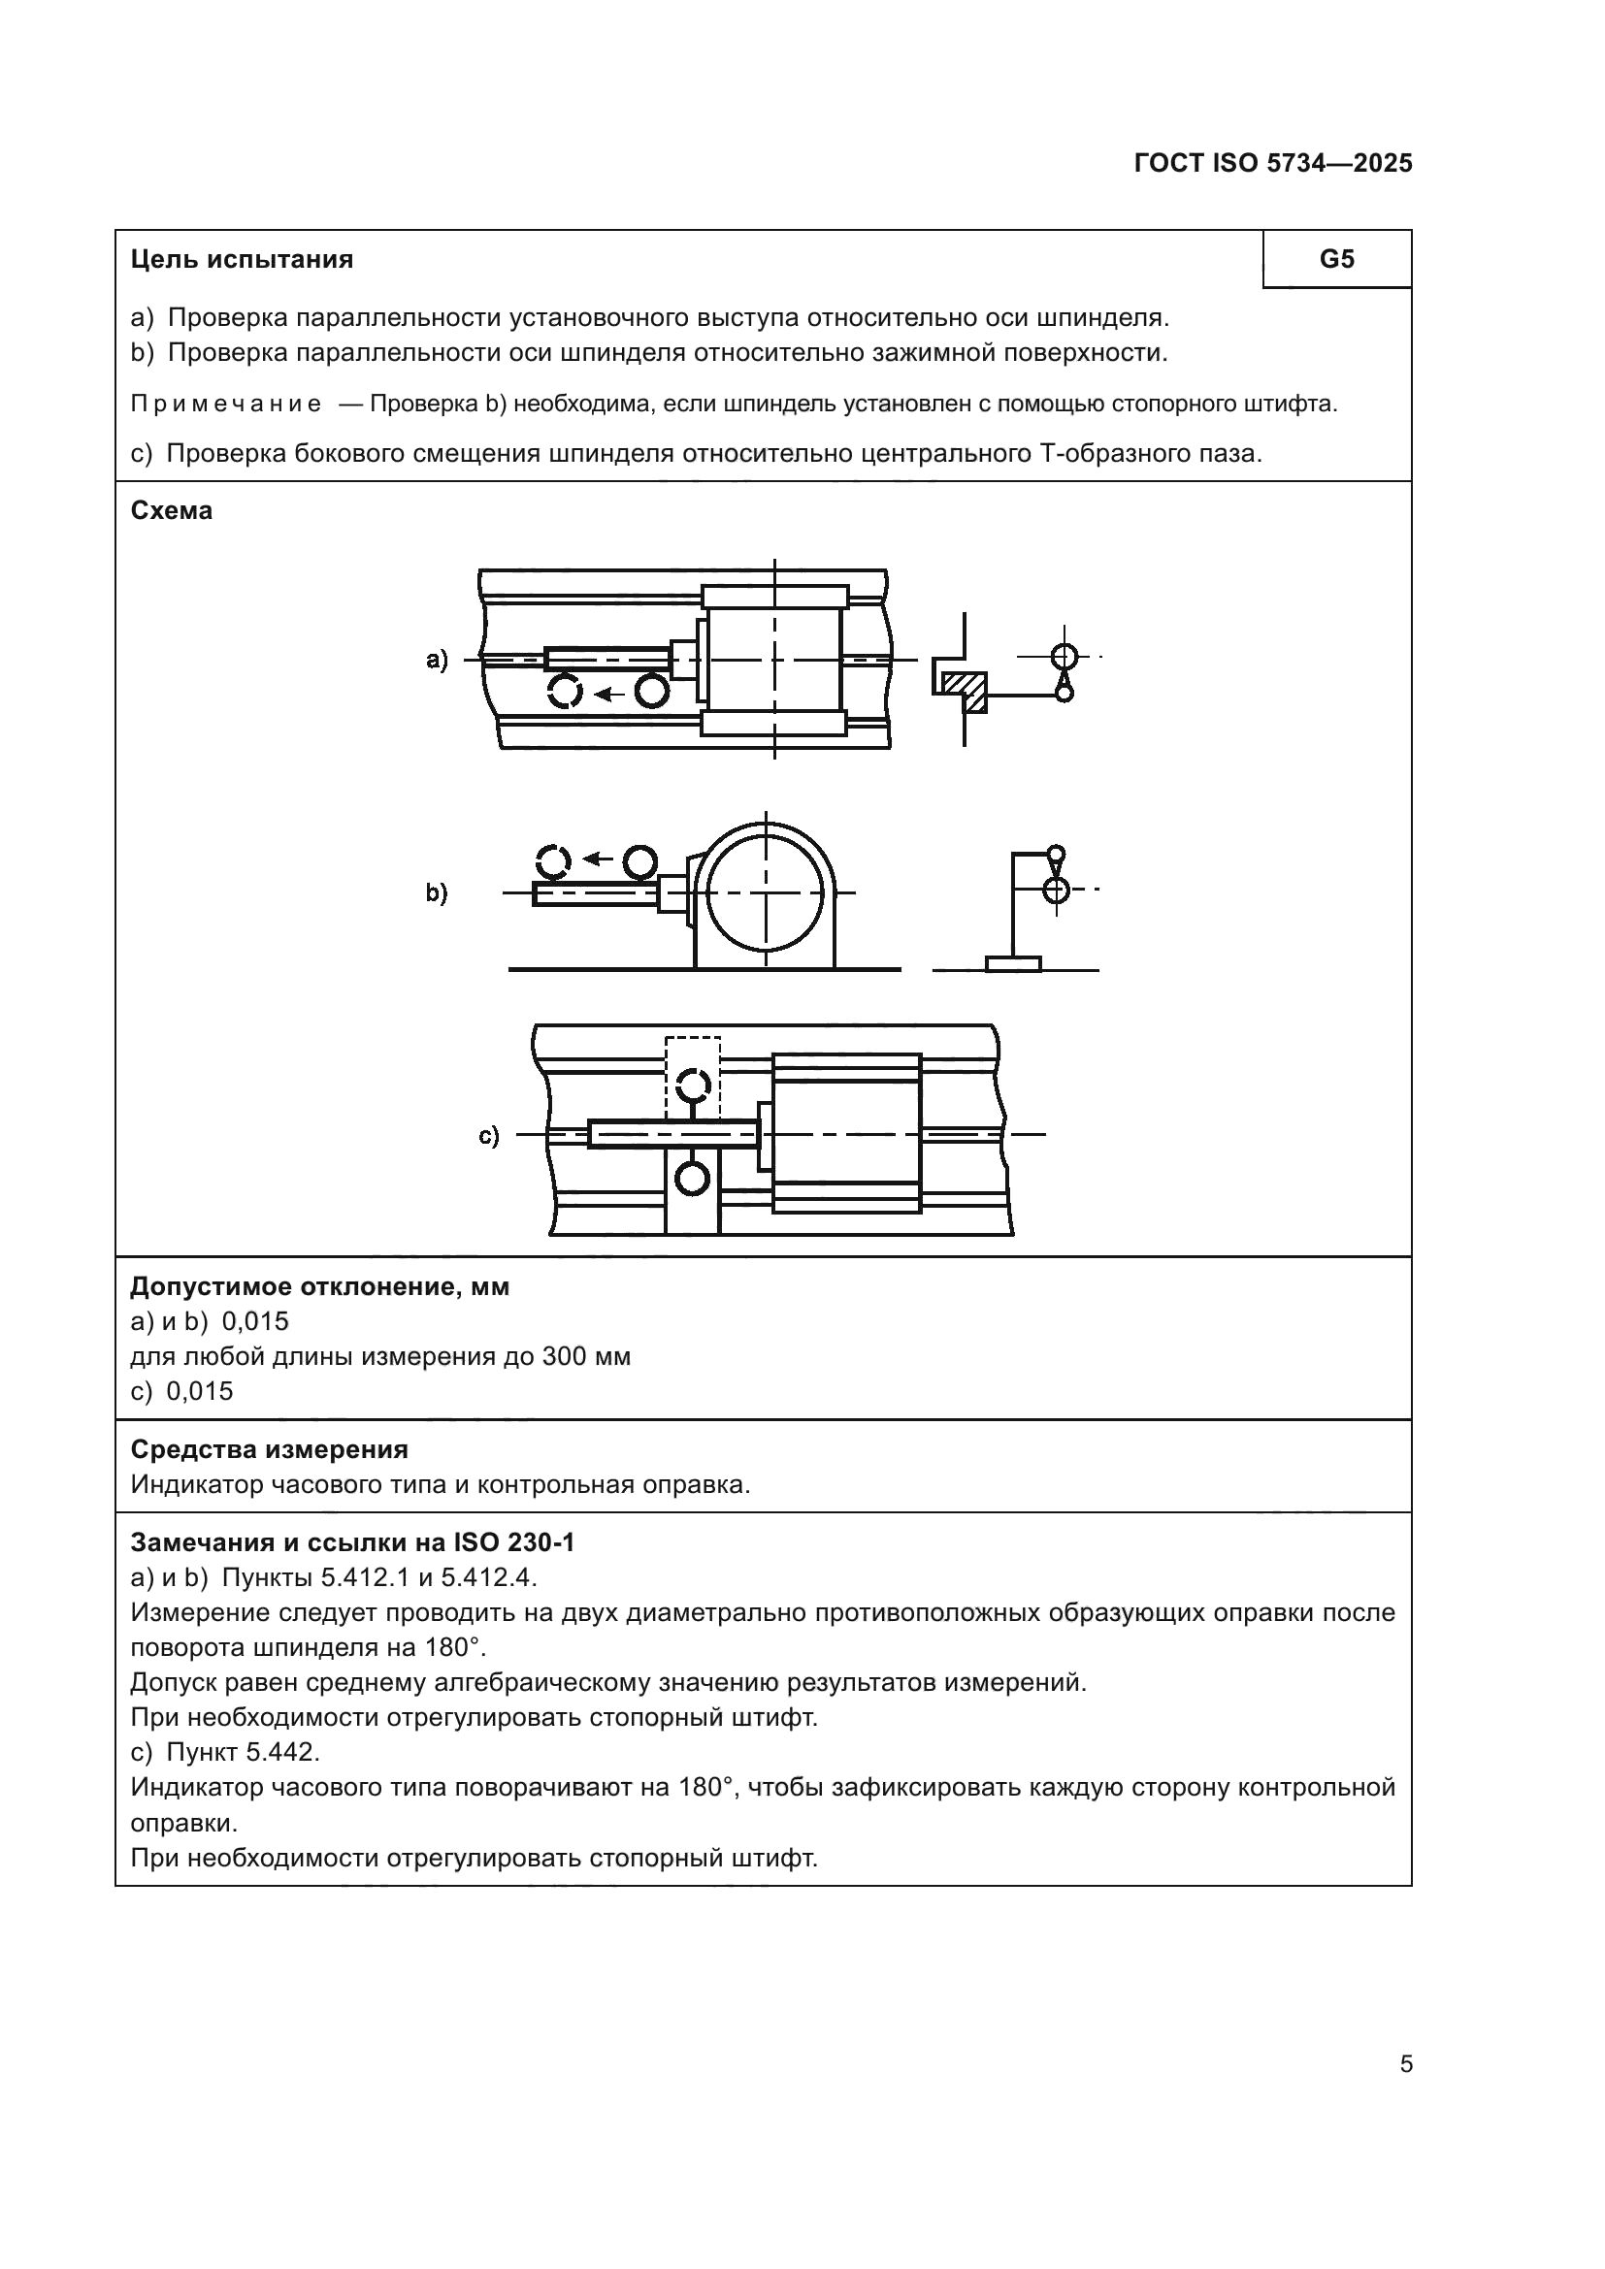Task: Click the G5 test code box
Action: [x=1336, y=259]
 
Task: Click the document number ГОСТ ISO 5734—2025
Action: [x=1273, y=164]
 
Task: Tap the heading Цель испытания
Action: [x=243, y=260]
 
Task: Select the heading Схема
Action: [x=171, y=511]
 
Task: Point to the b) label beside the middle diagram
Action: [x=437, y=892]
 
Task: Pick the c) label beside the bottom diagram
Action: [x=489, y=1136]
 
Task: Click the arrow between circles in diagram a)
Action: [x=608, y=693]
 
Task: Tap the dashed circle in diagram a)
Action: [x=566, y=691]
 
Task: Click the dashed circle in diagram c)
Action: [x=693, y=1086]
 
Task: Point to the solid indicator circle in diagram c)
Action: [x=693, y=1178]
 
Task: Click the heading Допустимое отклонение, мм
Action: [x=320, y=1286]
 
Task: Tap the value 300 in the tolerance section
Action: [x=567, y=1356]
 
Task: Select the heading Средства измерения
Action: [x=269, y=1448]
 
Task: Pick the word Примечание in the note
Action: [x=226, y=405]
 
